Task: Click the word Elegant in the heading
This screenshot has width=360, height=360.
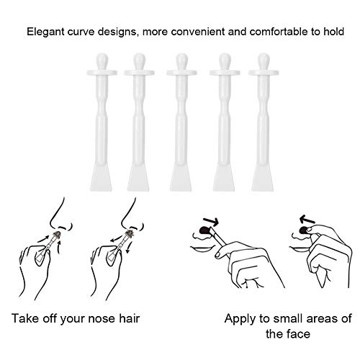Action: point(45,32)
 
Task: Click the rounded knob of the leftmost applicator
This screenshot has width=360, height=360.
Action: point(102,61)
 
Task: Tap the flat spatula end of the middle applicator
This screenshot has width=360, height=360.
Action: point(181,178)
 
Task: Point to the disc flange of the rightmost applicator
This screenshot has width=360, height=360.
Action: point(264,73)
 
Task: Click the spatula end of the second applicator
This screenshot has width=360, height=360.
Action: point(138,178)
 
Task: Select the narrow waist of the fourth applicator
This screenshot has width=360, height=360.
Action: point(225,106)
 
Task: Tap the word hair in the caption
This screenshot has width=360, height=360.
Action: point(130,318)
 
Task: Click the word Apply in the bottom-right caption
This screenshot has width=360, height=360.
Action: point(240,320)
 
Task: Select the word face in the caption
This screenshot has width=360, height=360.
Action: point(298,334)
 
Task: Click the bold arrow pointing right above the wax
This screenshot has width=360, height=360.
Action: point(211,222)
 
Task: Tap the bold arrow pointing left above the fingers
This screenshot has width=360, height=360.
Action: point(307,219)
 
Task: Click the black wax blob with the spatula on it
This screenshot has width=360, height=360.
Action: point(204,230)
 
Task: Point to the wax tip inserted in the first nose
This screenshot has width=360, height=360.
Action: point(57,234)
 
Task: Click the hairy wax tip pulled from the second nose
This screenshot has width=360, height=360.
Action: point(130,233)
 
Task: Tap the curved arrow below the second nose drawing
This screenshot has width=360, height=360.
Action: point(129,247)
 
